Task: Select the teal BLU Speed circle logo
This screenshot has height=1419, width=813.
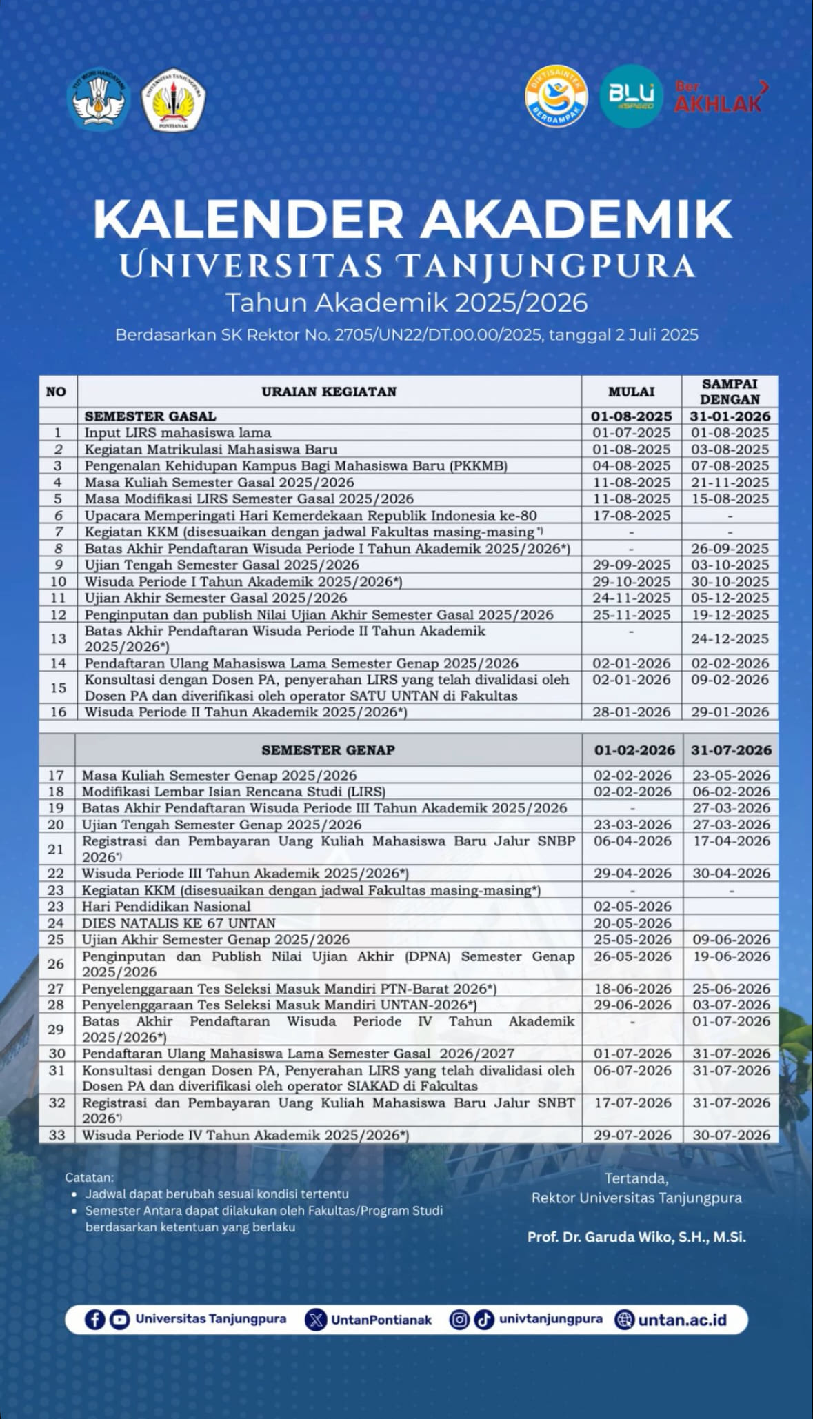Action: point(631,97)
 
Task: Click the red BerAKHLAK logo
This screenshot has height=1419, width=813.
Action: point(720,97)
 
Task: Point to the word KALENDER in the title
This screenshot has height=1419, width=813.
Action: point(248,219)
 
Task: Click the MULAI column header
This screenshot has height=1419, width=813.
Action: point(631,392)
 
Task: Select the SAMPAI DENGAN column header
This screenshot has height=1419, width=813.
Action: point(730,392)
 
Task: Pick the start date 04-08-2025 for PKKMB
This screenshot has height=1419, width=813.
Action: point(631,465)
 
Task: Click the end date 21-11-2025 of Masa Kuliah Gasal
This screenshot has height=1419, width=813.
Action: point(730,482)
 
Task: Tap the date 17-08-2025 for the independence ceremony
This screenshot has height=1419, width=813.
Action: point(631,515)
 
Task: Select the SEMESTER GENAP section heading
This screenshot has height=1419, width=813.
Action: point(328,750)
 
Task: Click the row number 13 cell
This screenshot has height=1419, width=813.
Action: point(58,638)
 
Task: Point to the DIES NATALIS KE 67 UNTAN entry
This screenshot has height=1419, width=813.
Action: point(179,923)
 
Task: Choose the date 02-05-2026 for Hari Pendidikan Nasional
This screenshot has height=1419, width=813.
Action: point(632,907)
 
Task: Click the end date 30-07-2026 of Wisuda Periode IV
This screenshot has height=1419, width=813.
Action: point(731,1135)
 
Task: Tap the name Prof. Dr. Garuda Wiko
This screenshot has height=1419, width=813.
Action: point(636,1237)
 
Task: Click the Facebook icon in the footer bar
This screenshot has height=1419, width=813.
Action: point(94,1320)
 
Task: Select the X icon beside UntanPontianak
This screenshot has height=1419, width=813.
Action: point(316,1320)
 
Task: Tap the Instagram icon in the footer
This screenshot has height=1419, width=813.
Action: point(459,1319)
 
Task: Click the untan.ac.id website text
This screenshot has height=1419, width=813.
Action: point(682,1320)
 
